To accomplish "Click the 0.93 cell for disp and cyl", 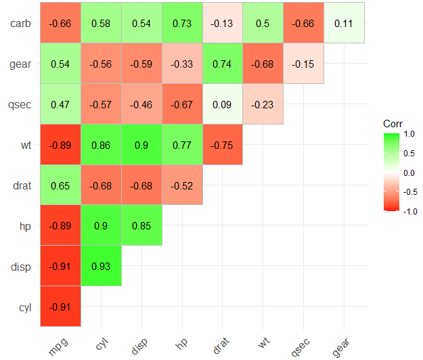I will [102, 267].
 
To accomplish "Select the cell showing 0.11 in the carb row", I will [344, 23].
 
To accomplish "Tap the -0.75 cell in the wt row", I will [223, 145].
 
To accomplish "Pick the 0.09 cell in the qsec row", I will [223, 104].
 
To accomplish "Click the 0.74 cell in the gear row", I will [223, 64].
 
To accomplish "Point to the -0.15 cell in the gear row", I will [304, 64].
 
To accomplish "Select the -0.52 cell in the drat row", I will [182, 185].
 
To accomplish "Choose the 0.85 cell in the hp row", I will [141, 226].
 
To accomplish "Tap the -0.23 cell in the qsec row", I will [263, 104].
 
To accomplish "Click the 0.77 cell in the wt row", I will [182, 145].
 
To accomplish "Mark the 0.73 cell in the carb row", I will [182, 23].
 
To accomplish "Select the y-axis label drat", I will [22, 185].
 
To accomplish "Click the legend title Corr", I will [393, 124].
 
